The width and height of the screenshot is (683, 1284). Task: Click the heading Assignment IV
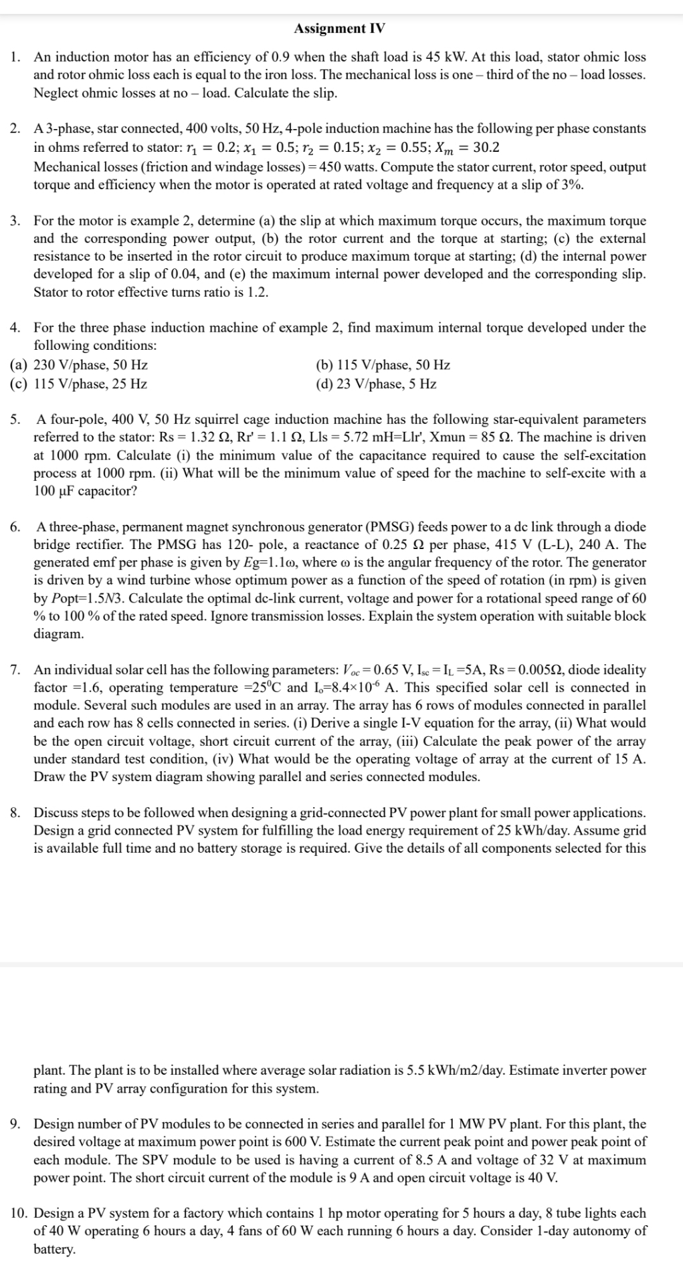click(x=339, y=29)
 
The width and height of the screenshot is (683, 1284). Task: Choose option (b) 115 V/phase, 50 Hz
click(x=383, y=365)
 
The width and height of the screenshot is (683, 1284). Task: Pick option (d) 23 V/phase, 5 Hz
click(x=376, y=384)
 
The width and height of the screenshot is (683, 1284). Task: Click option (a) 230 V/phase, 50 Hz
click(x=80, y=365)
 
